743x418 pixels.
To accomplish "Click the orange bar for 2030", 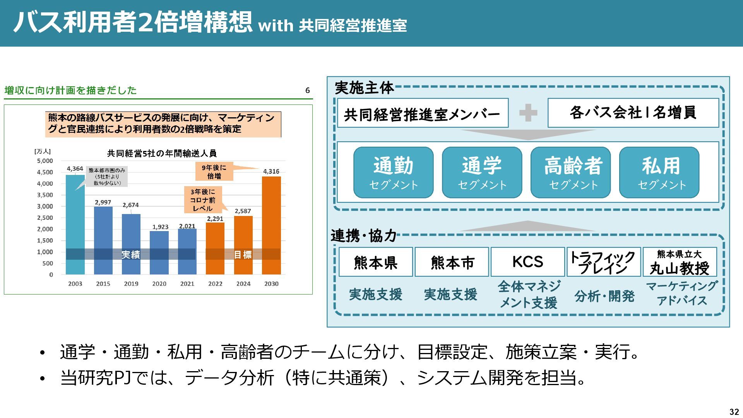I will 271,224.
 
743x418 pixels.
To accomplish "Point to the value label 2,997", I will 103,202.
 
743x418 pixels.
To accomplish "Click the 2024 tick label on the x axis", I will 243,284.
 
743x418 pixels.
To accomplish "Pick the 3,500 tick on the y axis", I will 45,195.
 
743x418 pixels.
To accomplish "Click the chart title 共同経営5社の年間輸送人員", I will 162,154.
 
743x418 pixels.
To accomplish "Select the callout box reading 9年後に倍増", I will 214,171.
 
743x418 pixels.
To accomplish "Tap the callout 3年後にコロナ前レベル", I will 202,200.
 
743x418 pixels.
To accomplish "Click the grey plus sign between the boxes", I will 528,113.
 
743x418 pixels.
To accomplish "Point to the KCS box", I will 527,262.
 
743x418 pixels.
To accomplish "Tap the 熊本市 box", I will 452,262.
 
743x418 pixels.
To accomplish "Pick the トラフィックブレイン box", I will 603,262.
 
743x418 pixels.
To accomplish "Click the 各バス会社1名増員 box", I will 633,113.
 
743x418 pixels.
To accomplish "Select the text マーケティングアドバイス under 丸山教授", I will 681,293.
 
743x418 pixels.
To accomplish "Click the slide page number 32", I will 734,412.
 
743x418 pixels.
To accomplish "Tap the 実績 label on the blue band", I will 131,255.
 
